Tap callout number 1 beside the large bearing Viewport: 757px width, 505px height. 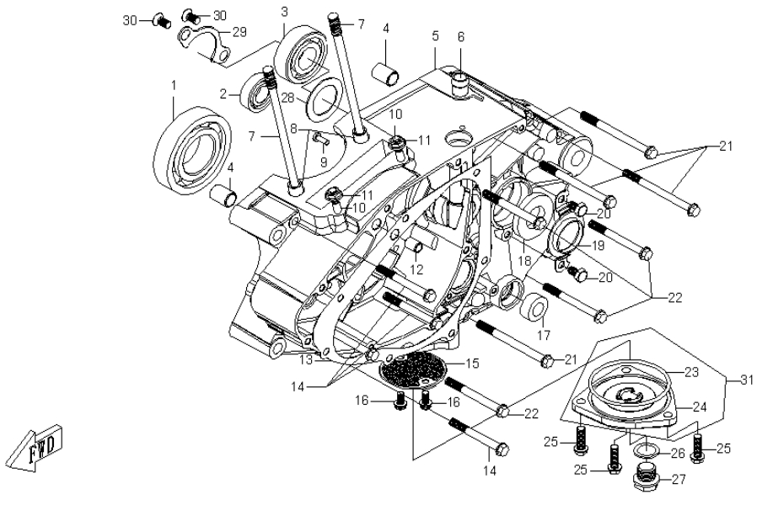[174, 85]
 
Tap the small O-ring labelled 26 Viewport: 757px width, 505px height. [646, 453]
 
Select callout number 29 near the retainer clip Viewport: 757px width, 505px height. [239, 32]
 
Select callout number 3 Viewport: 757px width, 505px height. [284, 11]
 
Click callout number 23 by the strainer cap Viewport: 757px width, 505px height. [691, 371]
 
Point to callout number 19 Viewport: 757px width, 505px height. [598, 247]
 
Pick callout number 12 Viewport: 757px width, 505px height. [416, 269]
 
